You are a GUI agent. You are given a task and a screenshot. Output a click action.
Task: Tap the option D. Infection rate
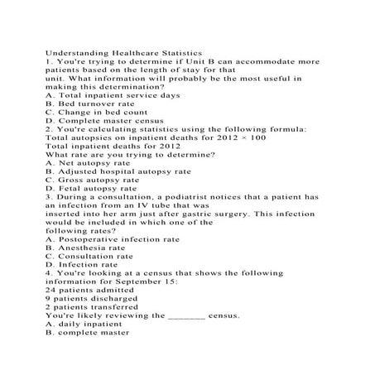(x=87, y=278)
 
